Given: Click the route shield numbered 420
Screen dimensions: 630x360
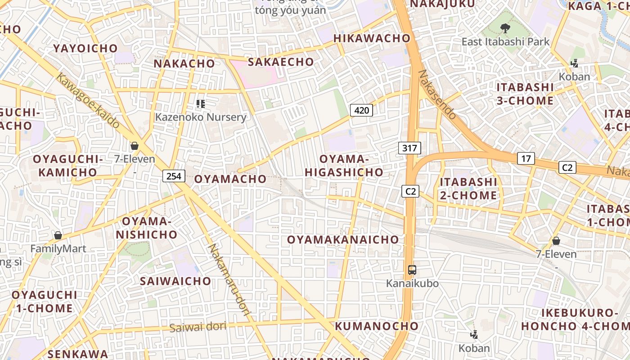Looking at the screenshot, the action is coord(361,110).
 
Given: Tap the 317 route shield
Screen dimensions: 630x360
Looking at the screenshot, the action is coord(409,148).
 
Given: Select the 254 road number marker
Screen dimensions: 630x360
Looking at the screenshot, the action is coord(174,176).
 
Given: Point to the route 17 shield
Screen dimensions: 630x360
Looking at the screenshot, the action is coord(526,158).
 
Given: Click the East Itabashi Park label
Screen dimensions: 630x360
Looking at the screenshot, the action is coord(505,42).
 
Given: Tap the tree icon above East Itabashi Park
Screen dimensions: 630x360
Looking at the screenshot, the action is coord(505,28).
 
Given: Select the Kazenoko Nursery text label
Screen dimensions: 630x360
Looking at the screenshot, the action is coord(201,117).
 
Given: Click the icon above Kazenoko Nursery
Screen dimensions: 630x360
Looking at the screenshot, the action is coord(201,104).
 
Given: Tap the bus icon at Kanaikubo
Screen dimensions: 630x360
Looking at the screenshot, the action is coord(412,270).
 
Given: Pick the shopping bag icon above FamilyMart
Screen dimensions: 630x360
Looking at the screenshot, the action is coord(58,235).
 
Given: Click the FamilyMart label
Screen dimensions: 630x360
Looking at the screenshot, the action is coord(58,248).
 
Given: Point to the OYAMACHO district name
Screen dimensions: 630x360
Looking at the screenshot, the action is coord(230,179).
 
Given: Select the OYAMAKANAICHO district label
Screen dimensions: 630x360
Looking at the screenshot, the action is coord(343,240).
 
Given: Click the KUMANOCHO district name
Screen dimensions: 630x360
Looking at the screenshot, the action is coord(377,326).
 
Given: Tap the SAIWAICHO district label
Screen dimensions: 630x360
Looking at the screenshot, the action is coord(175,281).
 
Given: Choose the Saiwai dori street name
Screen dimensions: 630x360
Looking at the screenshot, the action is coord(198,327).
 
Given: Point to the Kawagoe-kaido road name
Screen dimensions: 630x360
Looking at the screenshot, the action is coord(88,99).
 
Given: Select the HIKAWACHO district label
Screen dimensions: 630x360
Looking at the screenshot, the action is coord(372,39).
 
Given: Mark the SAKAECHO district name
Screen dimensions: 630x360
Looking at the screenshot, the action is coord(281,62).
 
